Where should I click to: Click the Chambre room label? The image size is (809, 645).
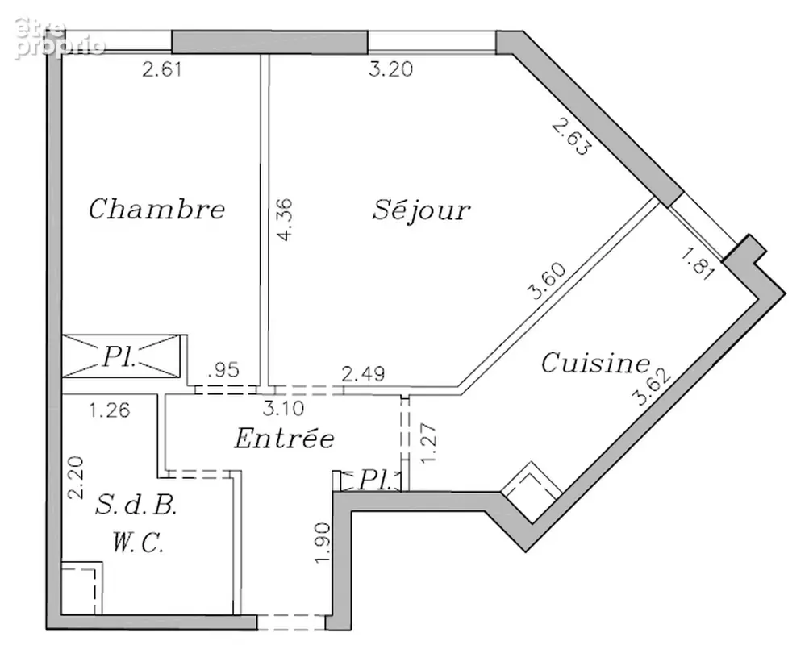click(x=156, y=209)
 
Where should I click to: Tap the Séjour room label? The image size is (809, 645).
click(x=421, y=209)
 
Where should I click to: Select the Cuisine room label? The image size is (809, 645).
click(x=595, y=363)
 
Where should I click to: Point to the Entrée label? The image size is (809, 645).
click(x=284, y=439)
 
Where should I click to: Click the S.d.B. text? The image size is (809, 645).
click(x=136, y=506)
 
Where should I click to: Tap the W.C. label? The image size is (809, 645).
click(x=138, y=543)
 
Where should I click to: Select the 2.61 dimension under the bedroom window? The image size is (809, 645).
click(x=162, y=69)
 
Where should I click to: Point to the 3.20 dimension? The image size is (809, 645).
click(x=391, y=69)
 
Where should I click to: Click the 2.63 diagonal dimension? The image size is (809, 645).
click(x=570, y=136)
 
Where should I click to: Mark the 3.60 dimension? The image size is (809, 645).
click(x=547, y=281)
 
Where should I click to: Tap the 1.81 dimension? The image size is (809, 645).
click(x=698, y=264)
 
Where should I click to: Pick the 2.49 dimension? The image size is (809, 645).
click(x=363, y=374)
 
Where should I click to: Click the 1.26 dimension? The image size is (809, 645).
click(x=110, y=410)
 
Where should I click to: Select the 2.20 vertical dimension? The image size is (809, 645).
click(x=76, y=477)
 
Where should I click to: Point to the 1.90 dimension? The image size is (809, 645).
click(x=322, y=543)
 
